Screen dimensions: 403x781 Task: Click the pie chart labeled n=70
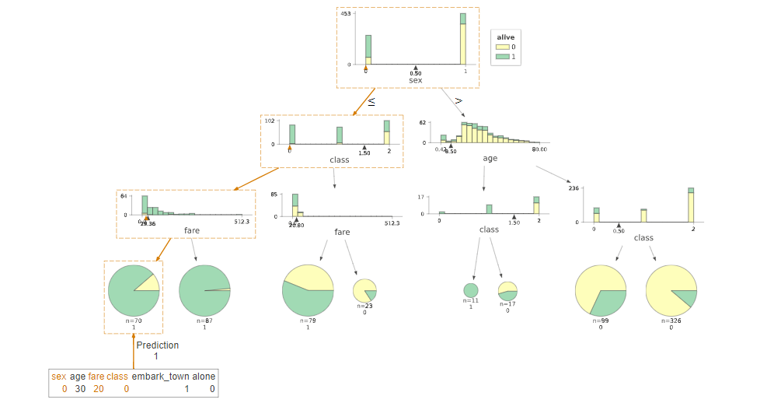click(x=134, y=290)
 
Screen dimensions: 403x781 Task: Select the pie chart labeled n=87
click(x=204, y=290)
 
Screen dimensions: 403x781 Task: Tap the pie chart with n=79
click(x=308, y=290)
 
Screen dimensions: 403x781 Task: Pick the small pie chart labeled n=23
click(x=364, y=290)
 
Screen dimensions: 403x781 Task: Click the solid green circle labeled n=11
click(x=471, y=290)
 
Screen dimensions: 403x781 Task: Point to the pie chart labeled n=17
click(x=507, y=290)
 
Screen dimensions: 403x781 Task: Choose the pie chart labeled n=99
click(x=601, y=290)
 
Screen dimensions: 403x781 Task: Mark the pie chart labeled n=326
click(x=671, y=290)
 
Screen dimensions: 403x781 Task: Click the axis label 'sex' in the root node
click(x=415, y=80)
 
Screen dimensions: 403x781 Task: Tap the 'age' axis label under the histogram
click(x=490, y=158)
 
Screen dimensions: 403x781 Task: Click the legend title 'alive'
click(x=506, y=37)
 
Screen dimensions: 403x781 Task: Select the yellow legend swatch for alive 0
click(x=502, y=47)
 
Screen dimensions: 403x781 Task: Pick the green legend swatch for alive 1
click(x=502, y=57)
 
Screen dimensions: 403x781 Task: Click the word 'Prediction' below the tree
click(x=157, y=345)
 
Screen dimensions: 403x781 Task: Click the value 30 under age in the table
click(x=80, y=389)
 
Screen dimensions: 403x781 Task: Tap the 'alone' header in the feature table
click(x=204, y=377)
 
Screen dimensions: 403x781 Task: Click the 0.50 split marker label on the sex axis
click(x=416, y=73)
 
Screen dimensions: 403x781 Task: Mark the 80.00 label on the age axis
click(x=539, y=149)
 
